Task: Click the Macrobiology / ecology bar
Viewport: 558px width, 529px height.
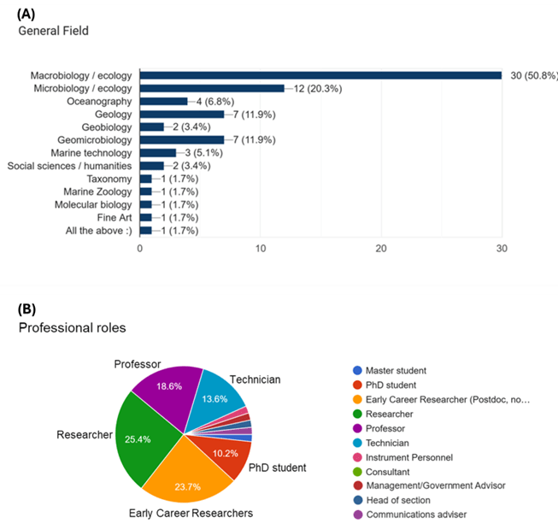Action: tap(320, 75)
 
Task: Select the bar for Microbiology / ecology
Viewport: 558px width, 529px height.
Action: tap(212, 88)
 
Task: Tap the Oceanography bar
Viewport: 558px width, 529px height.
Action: tap(163, 101)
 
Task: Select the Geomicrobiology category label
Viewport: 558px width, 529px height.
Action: tap(94, 139)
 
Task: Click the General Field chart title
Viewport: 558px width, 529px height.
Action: tap(53, 32)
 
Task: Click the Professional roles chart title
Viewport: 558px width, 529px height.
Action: tap(72, 327)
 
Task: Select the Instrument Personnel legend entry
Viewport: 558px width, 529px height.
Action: tap(408, 457)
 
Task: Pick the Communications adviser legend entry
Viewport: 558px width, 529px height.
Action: tap(415, 514)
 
